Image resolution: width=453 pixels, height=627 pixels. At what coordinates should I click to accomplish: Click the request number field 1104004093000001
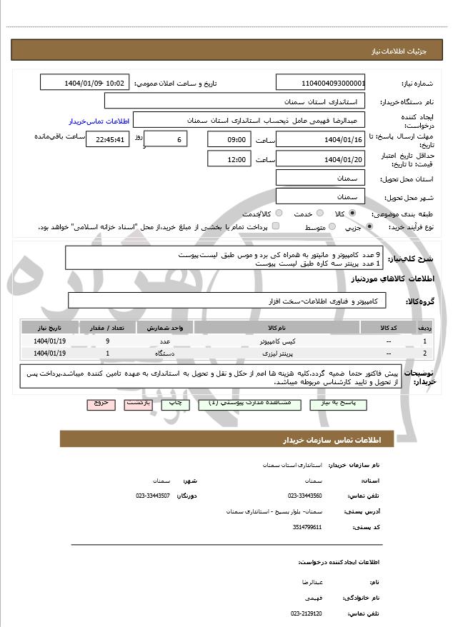tap(320, 83)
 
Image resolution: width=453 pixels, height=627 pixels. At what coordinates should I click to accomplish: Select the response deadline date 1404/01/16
tap(320, 139)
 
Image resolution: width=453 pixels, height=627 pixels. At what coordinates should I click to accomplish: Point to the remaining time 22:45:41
tap(106, 139)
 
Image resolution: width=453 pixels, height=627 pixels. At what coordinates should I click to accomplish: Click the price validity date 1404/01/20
tap(320, 159)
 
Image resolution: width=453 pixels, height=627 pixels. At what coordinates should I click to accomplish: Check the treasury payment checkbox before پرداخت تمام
tap(276, 227)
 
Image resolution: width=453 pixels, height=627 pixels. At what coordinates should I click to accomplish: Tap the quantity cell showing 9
tap(107, 342)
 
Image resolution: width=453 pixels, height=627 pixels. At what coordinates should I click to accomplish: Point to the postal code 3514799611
tap(307, 528)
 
